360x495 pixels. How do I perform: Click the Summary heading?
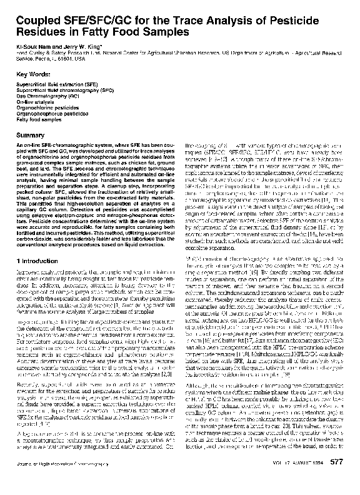click(x=29, y=135)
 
